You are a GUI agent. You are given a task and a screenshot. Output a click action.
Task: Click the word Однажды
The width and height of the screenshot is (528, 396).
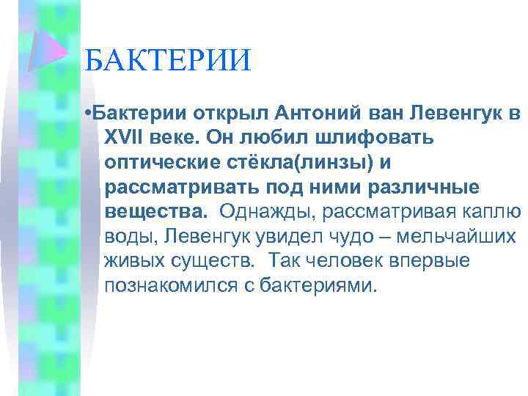[x=258, y=213]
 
